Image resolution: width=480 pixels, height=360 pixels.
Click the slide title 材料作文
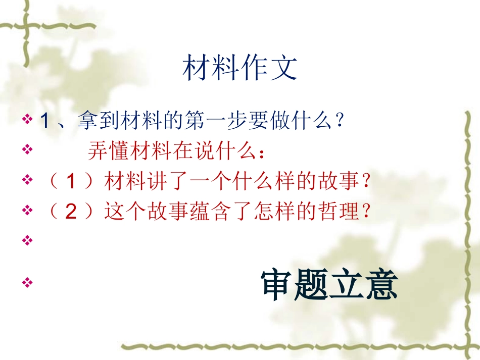[239, 68]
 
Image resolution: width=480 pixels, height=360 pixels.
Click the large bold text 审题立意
[329, 285]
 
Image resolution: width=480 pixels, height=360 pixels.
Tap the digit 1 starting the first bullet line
[43, 121]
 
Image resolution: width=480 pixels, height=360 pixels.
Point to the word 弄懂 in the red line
[104, 151]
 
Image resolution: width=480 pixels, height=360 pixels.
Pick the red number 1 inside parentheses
[71, 181]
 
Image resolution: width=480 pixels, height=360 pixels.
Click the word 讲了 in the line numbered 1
[172, 181]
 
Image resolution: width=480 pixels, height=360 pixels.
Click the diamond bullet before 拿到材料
[27, 121]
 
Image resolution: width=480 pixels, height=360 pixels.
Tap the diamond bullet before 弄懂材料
[27, 150]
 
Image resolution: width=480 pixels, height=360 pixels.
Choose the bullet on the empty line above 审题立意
[27, 241]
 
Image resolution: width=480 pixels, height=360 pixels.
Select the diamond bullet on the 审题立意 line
[27, 283]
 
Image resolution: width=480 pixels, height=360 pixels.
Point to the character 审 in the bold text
[277, 285]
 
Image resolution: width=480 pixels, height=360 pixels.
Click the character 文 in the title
[284, 68]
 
